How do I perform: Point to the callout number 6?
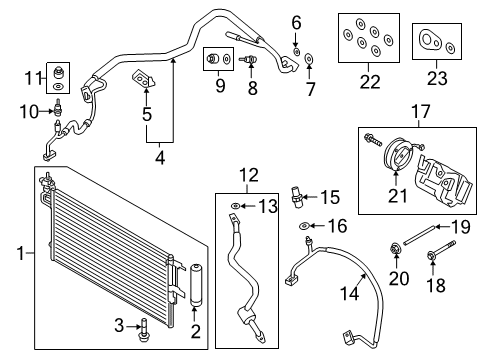tap(295, 22)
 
